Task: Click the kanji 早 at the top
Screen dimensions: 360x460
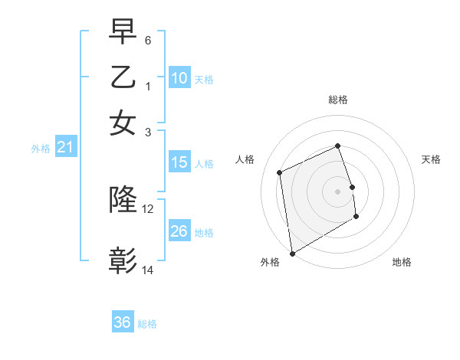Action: (123, 31)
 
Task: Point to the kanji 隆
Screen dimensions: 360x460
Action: (123, 200)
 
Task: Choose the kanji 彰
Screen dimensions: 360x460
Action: (123, 260)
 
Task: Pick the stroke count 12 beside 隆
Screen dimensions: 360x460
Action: (148, 208)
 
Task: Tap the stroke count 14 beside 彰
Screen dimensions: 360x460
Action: (148, 270)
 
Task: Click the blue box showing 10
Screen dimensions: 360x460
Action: (179, 78)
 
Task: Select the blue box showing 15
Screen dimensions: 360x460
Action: (179, 162)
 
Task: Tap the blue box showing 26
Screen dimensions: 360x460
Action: (179, 231)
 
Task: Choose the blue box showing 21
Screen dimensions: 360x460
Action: (65, 147)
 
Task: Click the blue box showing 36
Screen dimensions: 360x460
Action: (123, 322)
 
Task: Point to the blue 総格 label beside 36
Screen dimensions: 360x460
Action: (147, 324)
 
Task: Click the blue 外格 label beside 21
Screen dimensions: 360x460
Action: (41, 149)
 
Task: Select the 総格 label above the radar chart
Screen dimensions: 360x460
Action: (338, 100)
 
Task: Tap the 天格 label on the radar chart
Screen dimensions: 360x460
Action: (431, 159)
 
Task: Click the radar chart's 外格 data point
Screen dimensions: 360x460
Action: (292, 254)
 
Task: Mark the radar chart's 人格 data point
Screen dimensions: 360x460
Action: (280, 172)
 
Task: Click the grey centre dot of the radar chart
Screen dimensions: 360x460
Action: (338, 191)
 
